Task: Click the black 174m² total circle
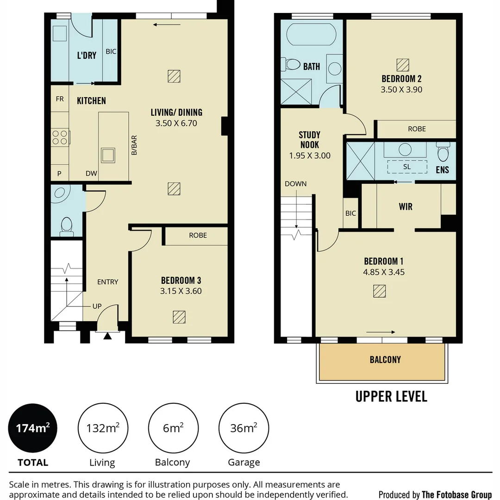32,428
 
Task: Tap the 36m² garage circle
244,428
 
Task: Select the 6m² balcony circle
173,428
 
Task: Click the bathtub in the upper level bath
311,34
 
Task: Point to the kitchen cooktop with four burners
60,137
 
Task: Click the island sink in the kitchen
108,155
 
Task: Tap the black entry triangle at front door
107,336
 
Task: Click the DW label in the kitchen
91,174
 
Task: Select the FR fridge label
60,99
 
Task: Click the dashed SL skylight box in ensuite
407,167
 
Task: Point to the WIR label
406,206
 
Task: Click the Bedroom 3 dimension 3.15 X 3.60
181,291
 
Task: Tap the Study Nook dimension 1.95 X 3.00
310,156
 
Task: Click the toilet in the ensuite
443,152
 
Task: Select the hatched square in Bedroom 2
403,65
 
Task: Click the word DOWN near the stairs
295,184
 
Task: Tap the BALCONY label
385,360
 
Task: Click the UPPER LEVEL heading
391,396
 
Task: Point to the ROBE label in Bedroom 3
198,235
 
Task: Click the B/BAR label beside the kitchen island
134,145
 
